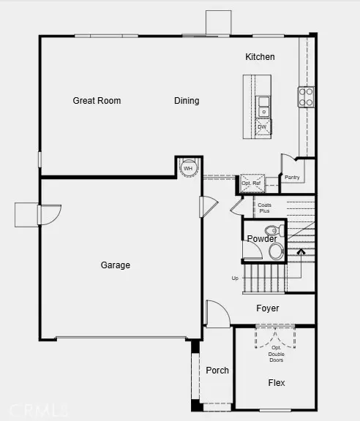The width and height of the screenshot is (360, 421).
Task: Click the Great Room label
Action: coord(97,101)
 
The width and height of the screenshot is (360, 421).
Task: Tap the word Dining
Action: coord(187,101)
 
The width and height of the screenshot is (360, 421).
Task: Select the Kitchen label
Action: coord(260,57)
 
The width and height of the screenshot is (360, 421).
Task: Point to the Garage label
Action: coord(116,265)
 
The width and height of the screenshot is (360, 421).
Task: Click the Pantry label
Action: coord(293,178)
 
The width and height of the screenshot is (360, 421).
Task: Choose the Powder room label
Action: coord(262,239)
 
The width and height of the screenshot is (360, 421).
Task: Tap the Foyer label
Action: coord(268,308)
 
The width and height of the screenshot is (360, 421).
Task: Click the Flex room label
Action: coord(276,383)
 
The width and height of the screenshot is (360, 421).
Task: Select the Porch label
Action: coord(217,371)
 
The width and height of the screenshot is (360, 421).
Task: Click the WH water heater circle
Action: coord(188,168)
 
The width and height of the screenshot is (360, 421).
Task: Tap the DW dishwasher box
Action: coord(262,127)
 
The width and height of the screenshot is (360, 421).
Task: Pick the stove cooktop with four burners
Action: coord(305,96)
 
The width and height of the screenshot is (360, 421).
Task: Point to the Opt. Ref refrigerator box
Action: coord(252,183)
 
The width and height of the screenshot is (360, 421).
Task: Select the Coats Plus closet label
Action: coord(264,208)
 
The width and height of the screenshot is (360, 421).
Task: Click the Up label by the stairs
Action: coord(235,278)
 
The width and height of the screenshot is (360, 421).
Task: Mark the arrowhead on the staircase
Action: coord(300,252)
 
